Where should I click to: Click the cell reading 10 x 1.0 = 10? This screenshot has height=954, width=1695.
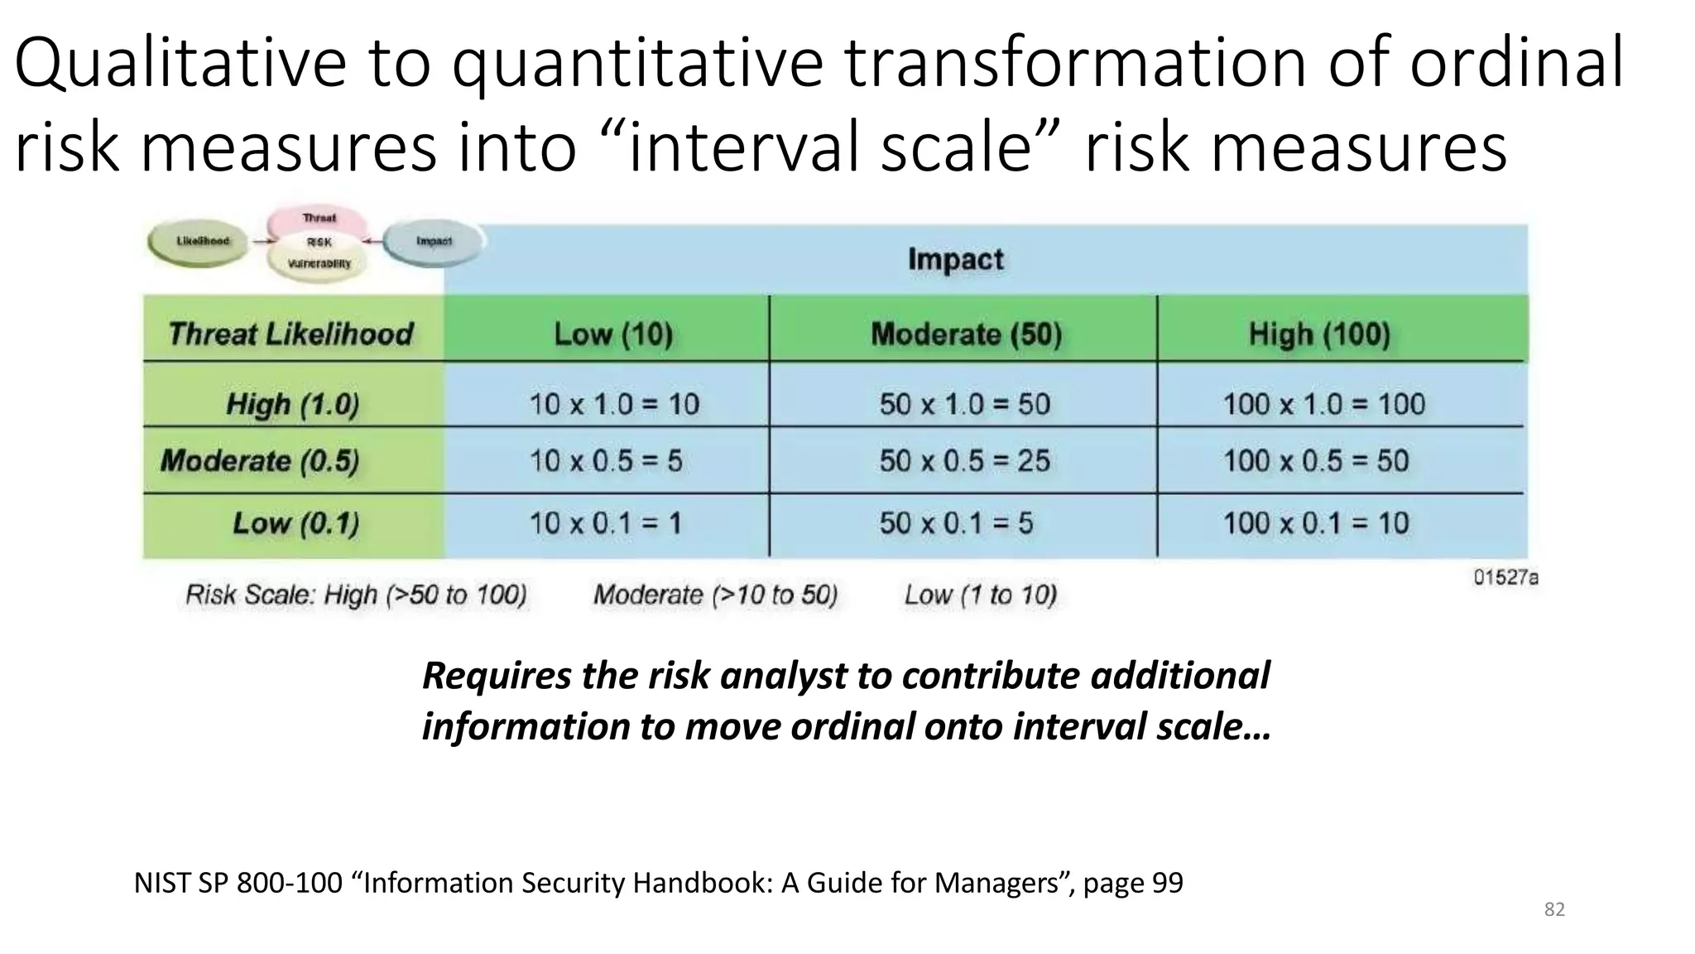click(613, 404)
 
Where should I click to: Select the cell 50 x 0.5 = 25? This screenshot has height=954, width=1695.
click(964, 460)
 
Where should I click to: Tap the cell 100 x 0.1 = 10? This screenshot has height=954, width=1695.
click(1316, 523)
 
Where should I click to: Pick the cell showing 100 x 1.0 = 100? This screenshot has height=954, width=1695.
click(1324, 404)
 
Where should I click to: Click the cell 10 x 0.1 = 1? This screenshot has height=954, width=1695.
click(605, 523)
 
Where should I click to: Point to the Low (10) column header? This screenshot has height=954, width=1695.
click(613, 335)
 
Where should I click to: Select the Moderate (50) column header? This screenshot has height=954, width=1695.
click(966, 335)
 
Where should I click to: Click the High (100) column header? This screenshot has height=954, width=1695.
click(1319, 335)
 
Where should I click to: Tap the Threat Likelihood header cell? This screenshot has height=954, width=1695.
click(291, 335)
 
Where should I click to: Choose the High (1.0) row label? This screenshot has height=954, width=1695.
click(292, 404)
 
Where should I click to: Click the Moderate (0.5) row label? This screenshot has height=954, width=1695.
click(260, 460)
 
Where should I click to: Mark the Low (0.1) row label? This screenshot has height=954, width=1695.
click(295, 523)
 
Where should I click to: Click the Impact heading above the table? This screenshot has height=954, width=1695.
click(955, 259)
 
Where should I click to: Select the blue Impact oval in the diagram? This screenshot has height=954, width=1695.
click(434, 241)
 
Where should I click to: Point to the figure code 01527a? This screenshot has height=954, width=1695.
click(1505, 578)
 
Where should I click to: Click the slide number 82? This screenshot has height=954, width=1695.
click(1554, 910)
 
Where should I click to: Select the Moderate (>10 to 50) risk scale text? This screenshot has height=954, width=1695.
click(715, 595)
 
